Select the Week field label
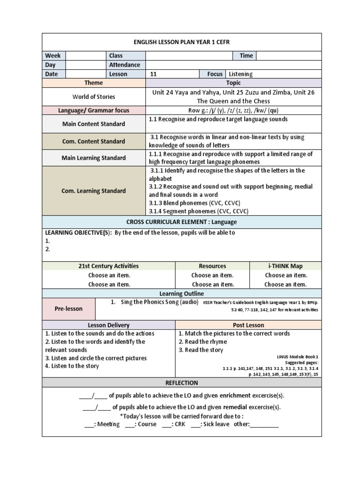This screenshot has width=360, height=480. click(x=53, y=56)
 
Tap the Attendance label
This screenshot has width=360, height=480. click(x=125, y=65)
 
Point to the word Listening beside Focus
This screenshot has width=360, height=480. click(x=240, y=74)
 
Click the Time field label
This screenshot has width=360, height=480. click(x=246, y=56)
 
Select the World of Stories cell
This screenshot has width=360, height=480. click(x=94, y=97)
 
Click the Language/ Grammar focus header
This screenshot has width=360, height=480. click(x=94, y=111)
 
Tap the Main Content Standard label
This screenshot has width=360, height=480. click(x=94, y=124)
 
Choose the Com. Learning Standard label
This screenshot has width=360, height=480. click(x=94, y=191)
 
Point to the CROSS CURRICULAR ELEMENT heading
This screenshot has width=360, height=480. click(x=182, y=222)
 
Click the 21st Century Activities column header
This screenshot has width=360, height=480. click(x=108, y=266)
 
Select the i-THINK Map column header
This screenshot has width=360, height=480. click(x=285, y=266)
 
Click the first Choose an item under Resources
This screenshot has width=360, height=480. click(x=212, y=275)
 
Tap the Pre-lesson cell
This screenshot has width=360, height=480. click(x=68, y=309)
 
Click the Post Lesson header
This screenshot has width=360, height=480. click(x=248, y=325)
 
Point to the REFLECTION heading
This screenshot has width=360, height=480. click(x=182, y=383)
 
